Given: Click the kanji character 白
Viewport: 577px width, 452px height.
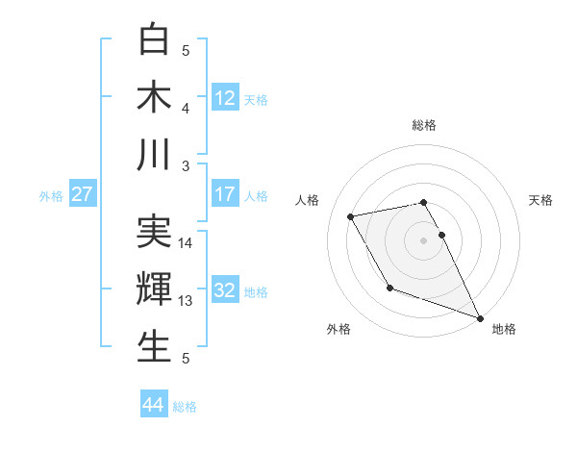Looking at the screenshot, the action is pos(155,40).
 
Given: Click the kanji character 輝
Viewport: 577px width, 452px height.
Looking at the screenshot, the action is pos(155,289).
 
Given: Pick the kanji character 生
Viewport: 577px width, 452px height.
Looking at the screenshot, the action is pos(155,346).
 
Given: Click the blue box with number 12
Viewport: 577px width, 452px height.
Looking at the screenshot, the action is pos(225,97).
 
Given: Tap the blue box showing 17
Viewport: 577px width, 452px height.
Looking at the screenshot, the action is pos(225,194).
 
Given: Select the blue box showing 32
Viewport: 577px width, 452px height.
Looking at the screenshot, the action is pos(225,290).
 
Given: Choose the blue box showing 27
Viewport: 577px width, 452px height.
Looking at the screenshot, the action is pos(83,194).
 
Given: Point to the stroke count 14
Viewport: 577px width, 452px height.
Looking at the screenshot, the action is pos(186,243).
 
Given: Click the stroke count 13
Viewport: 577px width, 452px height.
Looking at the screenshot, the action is pos(186,301).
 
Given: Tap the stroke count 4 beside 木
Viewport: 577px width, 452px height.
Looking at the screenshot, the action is pos(186,108).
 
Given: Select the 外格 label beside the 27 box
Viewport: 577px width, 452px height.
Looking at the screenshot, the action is pos(51,196).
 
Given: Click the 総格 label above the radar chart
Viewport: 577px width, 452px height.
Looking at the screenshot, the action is pos(424,125).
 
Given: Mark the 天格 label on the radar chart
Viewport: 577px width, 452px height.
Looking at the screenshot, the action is pos(541,200).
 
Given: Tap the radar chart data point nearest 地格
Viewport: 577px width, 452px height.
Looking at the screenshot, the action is pos(480,318).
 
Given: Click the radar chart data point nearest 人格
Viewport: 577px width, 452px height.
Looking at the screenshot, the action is pos(352,217).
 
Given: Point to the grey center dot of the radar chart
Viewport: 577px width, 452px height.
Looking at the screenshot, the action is pos(423,239).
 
